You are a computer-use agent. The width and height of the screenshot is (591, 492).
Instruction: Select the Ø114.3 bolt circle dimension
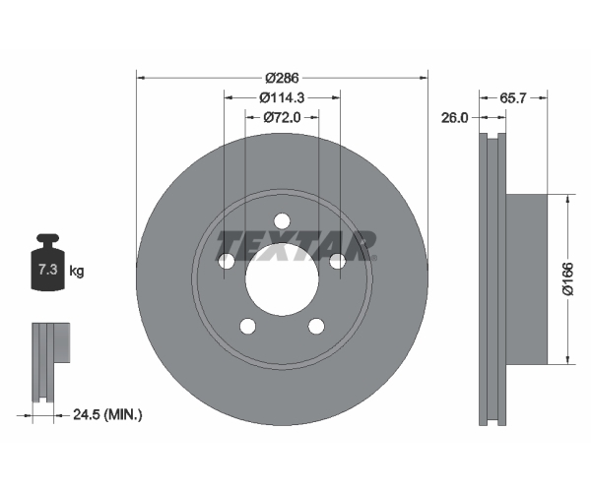click(x=282, y=97)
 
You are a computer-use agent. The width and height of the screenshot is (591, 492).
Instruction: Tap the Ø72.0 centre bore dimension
click(x=282, y=118)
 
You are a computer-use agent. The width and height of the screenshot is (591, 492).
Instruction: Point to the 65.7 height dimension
click(x=514, y=98)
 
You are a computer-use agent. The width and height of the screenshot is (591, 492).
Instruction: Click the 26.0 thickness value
click(x=454, y=117)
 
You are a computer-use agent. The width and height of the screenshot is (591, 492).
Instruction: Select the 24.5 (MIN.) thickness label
click(x=108, y=415)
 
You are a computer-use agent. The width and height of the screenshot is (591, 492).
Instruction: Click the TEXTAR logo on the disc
click(x=295, y=244)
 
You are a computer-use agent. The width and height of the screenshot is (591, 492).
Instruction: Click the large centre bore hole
click(x=282, y=275)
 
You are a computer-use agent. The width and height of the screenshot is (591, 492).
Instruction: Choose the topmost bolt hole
click(x=282, y=220)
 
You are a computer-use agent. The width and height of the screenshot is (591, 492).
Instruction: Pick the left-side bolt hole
click(x=226, y=262)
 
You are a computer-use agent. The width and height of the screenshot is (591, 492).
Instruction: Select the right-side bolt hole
click(x=338, y=262)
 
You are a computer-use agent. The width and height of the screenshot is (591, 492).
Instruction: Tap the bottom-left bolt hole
click(x=247, y=327)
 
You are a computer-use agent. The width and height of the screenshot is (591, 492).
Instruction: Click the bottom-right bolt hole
click(x=316, y=327)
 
